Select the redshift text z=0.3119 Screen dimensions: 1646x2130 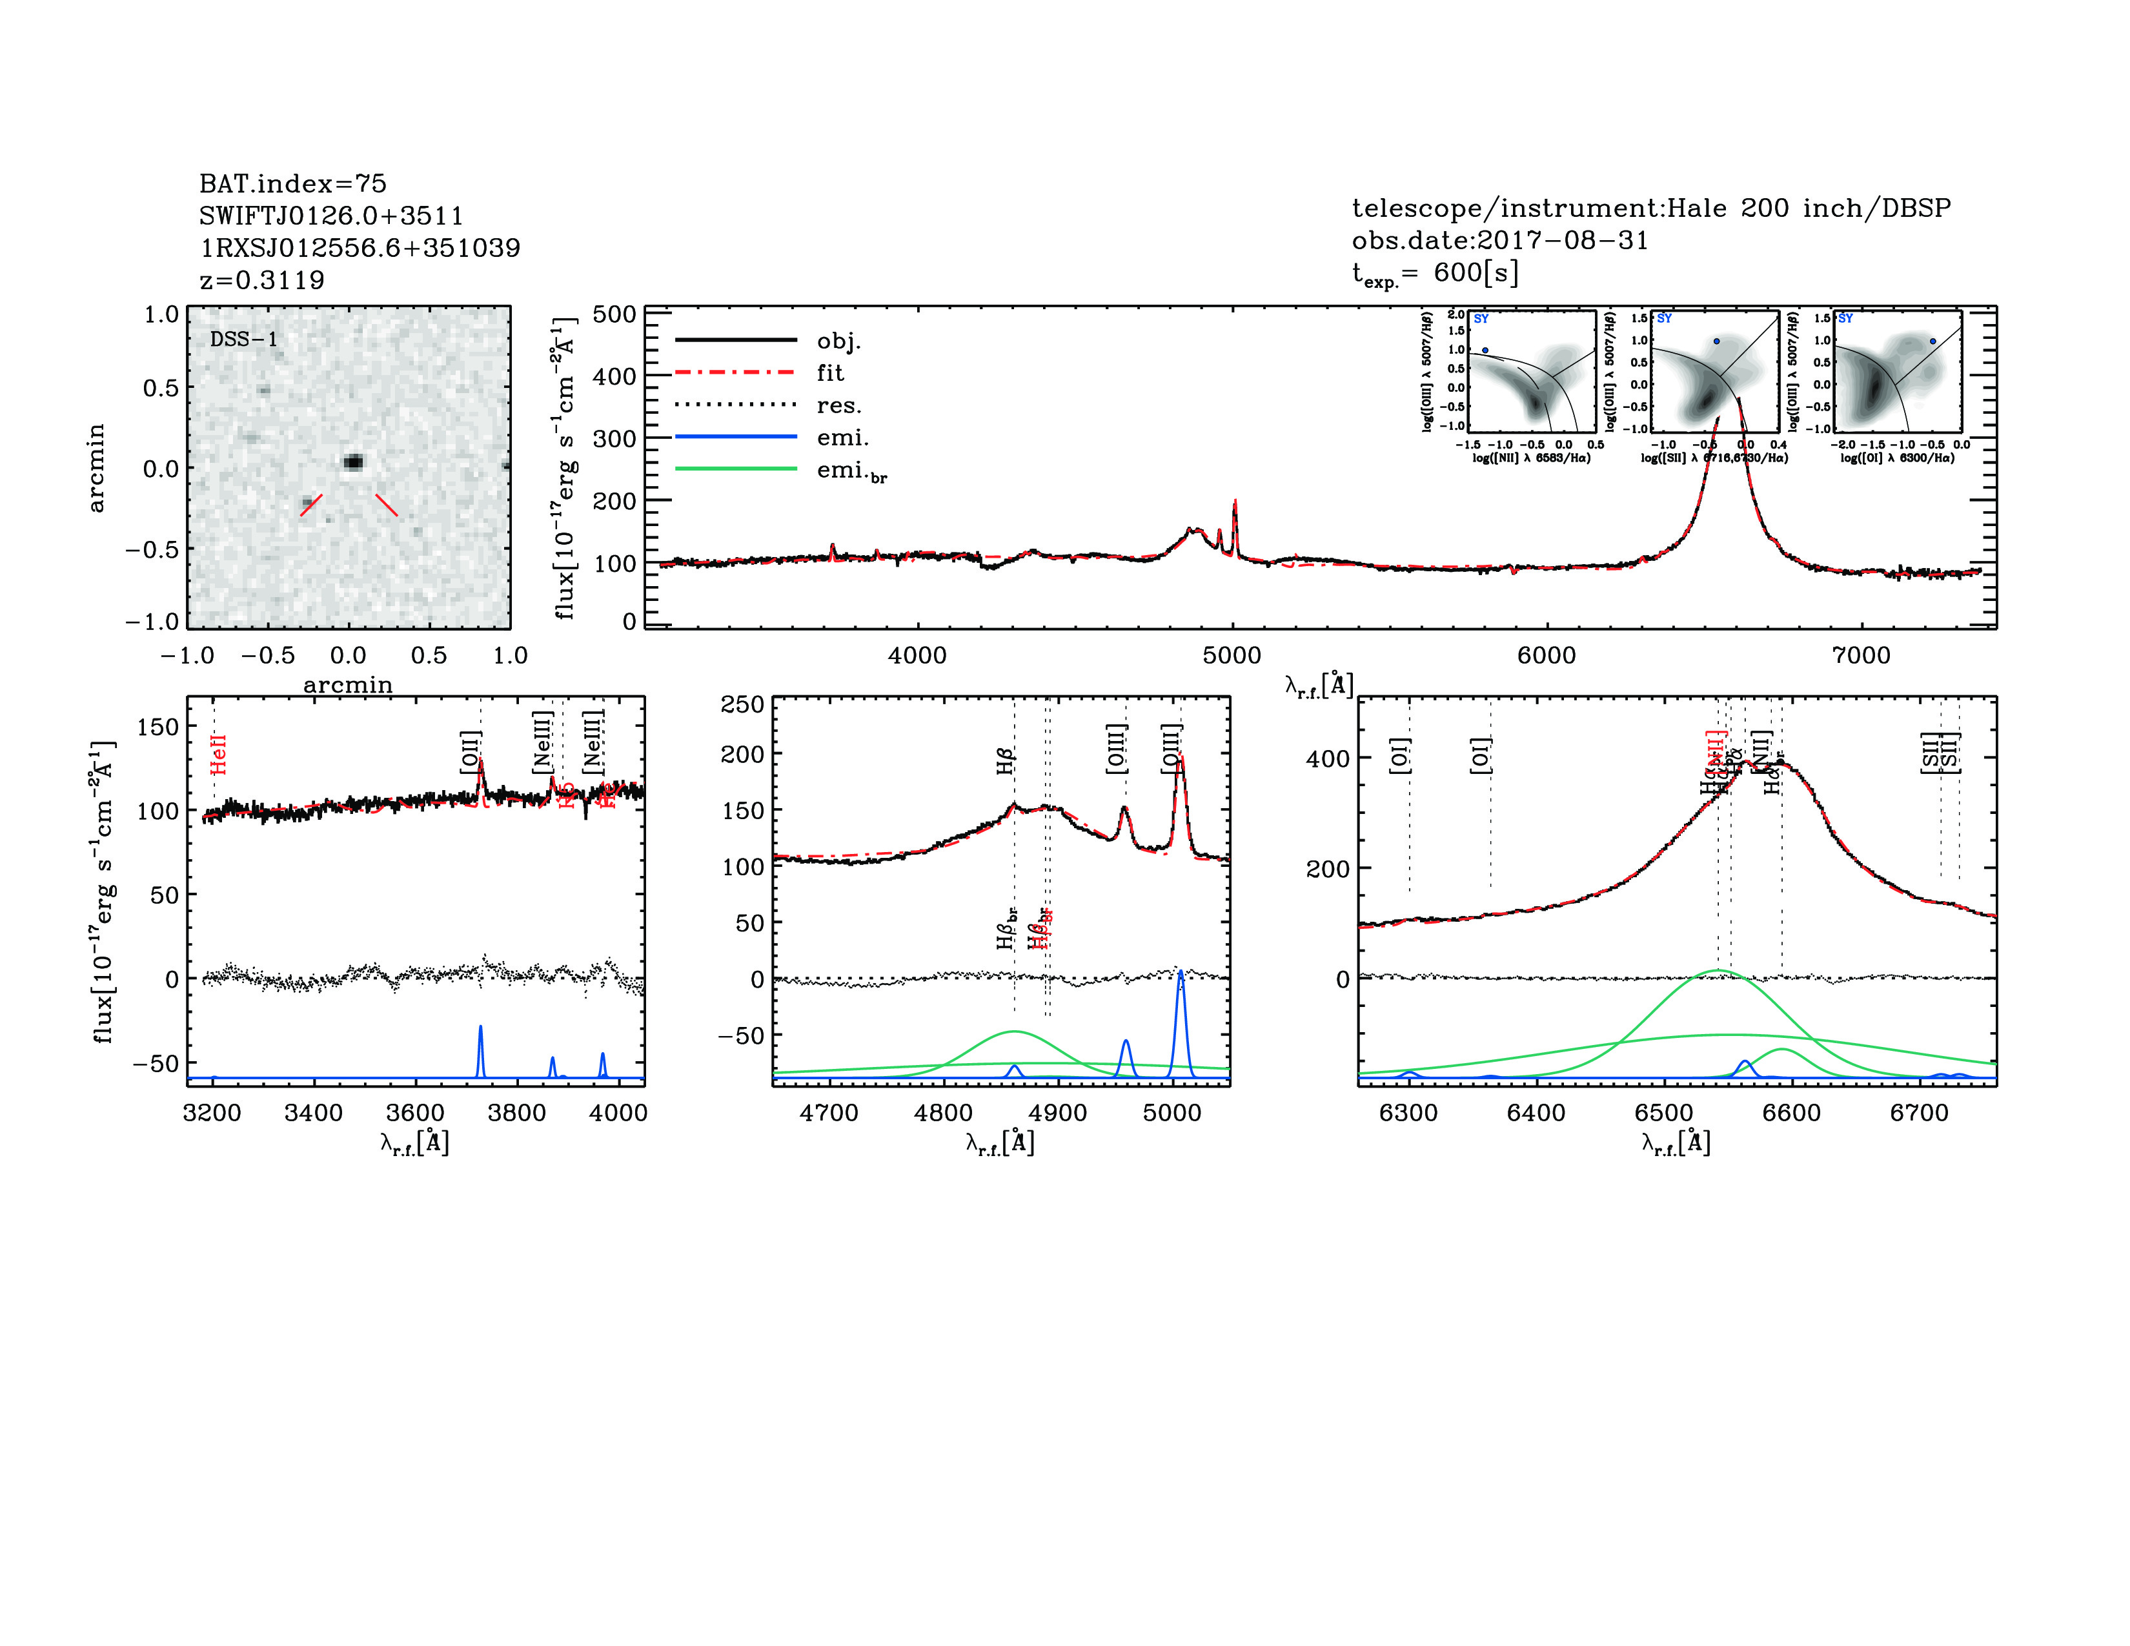(x=261, y=280)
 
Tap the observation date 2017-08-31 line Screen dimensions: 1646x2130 (x=1499, y=240)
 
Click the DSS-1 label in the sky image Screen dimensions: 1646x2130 (x=244, y=340)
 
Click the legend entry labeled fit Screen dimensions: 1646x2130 (x=830, y=372)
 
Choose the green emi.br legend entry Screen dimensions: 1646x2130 (x=851, y=471)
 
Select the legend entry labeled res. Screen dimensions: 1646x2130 (x=838, y=405)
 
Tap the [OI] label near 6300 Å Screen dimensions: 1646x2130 (x=1399, y=756)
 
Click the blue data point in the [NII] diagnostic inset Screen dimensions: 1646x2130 (x=1485, y=350)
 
